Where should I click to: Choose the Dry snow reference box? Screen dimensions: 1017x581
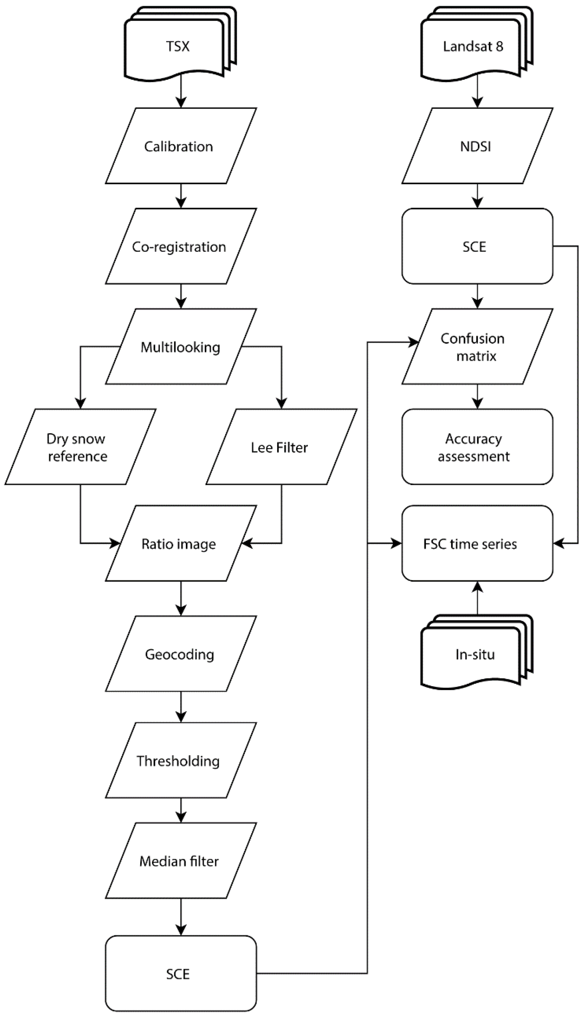pyautogui.click(x=80, y=447)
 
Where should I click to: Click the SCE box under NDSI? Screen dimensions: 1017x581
pyautogui.click(x=477, y=246)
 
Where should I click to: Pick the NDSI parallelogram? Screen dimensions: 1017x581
pyautogui.click(x=477, y=146)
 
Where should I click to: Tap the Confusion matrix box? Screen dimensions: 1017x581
pyautogui.click(x=477, y=347)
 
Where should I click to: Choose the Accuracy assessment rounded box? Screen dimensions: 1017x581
pyautogui.click(x=477, y=447)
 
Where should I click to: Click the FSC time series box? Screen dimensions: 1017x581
pyautogui.click(x=477, y=543)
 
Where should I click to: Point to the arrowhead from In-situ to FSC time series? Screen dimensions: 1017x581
pyautogui.click(x=477, y=587)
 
